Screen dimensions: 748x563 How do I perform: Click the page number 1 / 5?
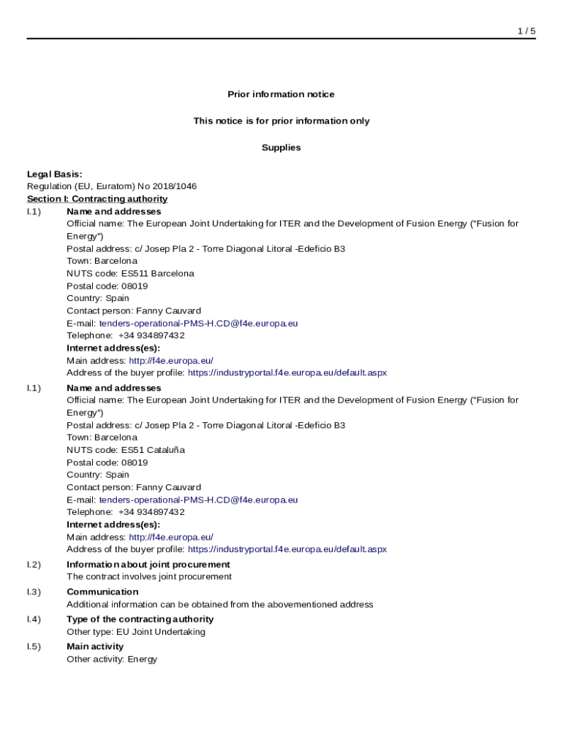coord(526,31)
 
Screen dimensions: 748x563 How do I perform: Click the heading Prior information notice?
coord(281,94)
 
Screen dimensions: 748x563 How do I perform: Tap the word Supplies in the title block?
coord(281,148)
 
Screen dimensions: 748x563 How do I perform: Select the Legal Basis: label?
coord(54,174)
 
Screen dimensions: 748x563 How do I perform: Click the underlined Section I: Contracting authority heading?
coord(97,199)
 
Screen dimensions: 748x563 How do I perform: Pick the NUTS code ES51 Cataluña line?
coord(126,450)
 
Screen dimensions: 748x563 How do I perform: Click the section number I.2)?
coord(34,565)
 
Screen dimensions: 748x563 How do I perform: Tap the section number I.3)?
coord(34,592)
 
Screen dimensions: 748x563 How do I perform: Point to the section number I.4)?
coord(34,619)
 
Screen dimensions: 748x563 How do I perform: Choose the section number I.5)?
coord(34,646)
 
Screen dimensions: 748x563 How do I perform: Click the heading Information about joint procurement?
coord(148,565)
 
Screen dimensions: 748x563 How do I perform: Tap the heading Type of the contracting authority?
coord(140,619)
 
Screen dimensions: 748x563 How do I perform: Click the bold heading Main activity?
coord(95,646)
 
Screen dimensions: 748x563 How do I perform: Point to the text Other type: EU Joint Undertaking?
coord(136,632)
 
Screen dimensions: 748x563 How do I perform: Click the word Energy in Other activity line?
coord(143,659)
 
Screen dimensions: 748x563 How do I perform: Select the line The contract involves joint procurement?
coord(149,576)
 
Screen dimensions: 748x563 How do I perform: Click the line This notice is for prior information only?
coord(281,121)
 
